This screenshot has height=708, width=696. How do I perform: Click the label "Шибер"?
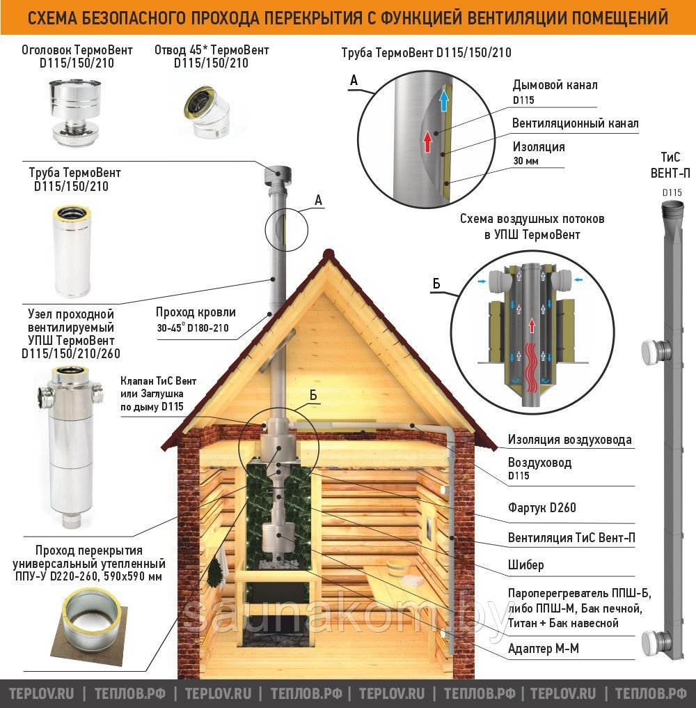(526, 565)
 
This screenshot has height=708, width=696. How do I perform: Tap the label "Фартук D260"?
(541, 507)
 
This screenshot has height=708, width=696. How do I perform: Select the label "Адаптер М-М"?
(543, 648)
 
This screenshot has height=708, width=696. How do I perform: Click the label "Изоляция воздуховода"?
(570, 439)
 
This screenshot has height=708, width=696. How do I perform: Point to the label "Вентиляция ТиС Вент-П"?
(571, 538)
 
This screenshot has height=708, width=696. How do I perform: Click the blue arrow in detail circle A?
(444, 100)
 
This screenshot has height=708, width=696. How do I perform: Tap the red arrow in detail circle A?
(427, 141)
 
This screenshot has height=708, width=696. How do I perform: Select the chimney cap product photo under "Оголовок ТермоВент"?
(75, 111)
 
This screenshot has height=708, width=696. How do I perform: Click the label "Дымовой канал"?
(555, 85)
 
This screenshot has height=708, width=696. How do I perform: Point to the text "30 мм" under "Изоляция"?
(525, 161)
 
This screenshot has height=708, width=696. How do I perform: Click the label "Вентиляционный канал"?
(576, 123)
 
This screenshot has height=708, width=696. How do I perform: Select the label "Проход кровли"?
(196, 312)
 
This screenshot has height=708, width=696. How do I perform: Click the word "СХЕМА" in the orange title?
(52, 18)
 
